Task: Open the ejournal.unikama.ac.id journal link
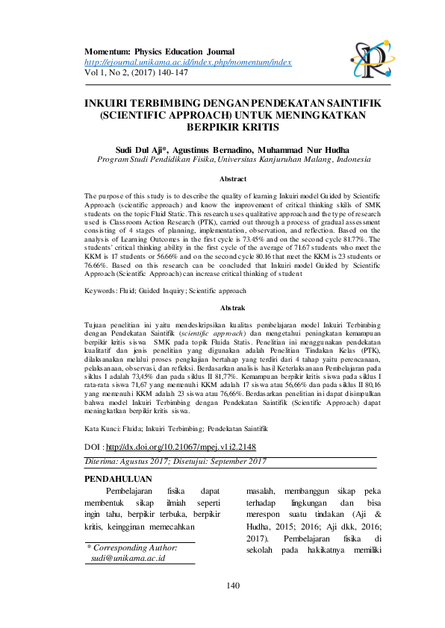click(187, 62)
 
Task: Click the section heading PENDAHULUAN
click(119, 478)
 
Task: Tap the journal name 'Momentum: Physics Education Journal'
click(159, 51)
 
